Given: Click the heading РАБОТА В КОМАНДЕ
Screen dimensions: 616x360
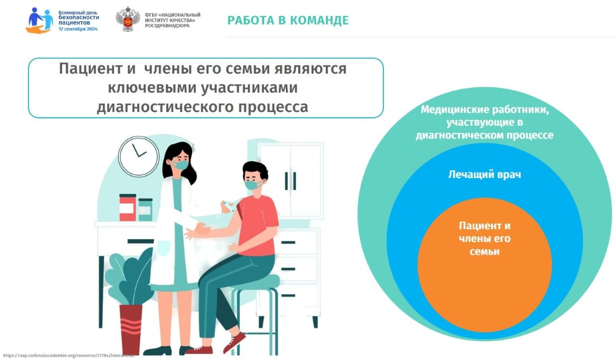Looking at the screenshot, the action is coord(288,20).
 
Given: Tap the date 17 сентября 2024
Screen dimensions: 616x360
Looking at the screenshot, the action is coord(78,29).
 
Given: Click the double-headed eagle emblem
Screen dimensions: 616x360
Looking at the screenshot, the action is coord(128,19).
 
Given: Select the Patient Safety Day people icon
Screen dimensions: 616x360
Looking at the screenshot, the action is coord(39,20).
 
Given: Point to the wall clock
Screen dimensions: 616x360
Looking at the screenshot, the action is coord(139,156).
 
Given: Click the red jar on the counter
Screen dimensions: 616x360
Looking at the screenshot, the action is coord(128,207).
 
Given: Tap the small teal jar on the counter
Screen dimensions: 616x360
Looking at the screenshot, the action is coord(145,209).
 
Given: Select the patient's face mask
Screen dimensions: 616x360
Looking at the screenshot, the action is coord(253,185).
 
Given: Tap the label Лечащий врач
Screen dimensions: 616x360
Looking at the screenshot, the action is coord(485,175).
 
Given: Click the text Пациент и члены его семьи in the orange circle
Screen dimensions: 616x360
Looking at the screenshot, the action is coord(485,238).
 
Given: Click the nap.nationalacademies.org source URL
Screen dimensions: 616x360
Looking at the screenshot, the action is coord(68,355).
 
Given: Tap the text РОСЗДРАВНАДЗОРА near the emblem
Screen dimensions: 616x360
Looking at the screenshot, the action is coord(167,26).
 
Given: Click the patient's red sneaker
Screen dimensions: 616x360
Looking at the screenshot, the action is coord(234,342).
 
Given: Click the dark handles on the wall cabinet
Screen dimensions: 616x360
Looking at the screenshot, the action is coord(290,181).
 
